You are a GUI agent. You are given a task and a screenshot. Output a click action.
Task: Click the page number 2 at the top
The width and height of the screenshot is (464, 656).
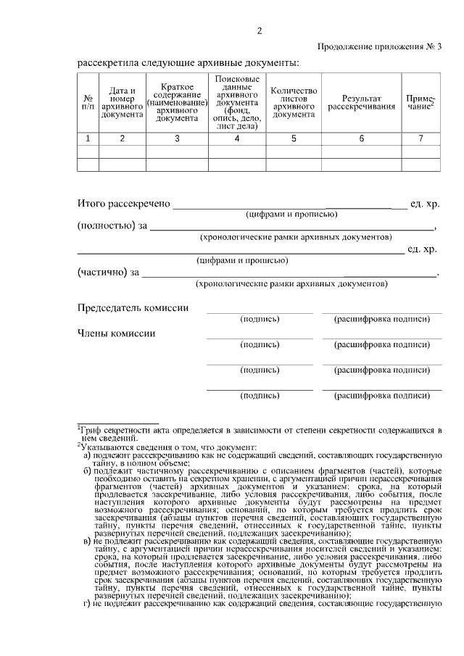pos(259,30)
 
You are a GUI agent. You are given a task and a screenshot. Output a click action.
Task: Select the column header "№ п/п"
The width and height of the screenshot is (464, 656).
pos(88,102)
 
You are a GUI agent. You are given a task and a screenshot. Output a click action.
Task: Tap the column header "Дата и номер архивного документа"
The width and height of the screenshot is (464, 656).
pos(122,102)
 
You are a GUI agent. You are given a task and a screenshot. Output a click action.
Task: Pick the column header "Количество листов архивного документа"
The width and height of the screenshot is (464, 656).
pos(294,102)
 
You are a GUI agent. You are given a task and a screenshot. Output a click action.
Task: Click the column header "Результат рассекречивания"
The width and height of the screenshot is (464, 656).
pos(361,102)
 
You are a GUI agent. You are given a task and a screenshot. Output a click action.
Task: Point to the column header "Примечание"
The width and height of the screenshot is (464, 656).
pos(420,102)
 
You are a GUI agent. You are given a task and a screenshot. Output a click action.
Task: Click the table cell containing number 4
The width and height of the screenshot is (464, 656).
pos(236,138)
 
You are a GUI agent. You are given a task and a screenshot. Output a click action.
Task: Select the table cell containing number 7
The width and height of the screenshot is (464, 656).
pos(420,138)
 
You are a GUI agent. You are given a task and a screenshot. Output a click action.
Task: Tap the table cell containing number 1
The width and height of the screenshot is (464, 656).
pos(88,138)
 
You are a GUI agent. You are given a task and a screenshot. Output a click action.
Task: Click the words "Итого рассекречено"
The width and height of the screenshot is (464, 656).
pos(123,204)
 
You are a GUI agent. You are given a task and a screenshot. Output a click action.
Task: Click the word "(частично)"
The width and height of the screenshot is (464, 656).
pos(101,273)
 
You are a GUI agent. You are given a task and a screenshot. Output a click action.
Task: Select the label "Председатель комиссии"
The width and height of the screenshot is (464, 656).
pos(133,308)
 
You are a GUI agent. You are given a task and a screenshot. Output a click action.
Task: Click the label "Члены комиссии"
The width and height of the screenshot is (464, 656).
pos(115,333)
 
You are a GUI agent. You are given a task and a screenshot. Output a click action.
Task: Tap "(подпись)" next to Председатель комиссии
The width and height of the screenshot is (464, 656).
pos(259,319)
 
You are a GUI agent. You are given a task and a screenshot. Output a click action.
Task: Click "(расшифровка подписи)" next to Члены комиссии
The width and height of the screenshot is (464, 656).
pos(381,344)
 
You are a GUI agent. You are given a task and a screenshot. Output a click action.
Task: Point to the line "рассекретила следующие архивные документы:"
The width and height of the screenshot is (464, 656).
pos(188,62)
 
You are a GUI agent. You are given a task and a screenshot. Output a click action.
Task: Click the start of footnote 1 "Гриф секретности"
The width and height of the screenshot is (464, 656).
pos(109,431)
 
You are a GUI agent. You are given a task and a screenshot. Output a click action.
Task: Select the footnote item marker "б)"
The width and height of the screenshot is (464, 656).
pos(87,470)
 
